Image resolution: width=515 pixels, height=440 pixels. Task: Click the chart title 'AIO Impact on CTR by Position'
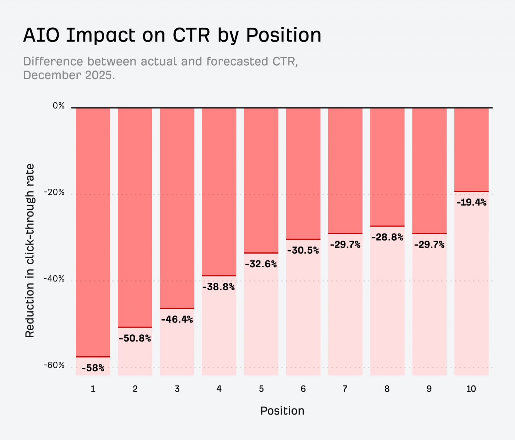pyautogui.click(x=172, y=35)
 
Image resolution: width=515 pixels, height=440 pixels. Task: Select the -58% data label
pyautogui.click(x=93, y=368)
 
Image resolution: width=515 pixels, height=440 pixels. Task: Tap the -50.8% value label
pyautogui.click(x=135, y=338)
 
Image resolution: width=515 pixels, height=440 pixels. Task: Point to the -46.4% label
pyautogui.click(x=177, y=319)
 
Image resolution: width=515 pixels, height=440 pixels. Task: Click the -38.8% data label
pyautogui.click(x=219, y=287)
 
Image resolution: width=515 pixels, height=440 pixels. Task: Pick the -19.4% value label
pyautogui.click(x=471, y=202)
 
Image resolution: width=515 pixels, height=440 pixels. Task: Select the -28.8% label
pyautogui.click(x=387, y=237)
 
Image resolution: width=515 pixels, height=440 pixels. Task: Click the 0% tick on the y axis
pyautogui.click(x=59, y=106)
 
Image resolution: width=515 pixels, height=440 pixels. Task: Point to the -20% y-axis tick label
pyautogui.click(x=54, y=192)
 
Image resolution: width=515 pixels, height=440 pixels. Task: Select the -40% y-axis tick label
pyautogui.click(x=54, y=279)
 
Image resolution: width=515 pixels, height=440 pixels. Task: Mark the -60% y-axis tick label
pyautogui.click(x=54, y=365)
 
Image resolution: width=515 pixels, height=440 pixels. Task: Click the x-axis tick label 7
pyautogui.click(x=345, y=389)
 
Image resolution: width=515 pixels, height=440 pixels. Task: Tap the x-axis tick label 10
pyautogui.click(x=471, y=389)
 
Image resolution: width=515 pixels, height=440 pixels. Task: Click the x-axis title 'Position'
pyautogui.click(x=282, y=411)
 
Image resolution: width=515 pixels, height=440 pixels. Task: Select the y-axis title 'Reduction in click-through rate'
pyautogui.click(x=30, y=251)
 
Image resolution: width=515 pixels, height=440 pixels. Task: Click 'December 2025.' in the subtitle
pyautogui.click(x=69, y=75)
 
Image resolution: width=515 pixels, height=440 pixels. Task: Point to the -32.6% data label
pyautogui.click(x=261, y=264)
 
